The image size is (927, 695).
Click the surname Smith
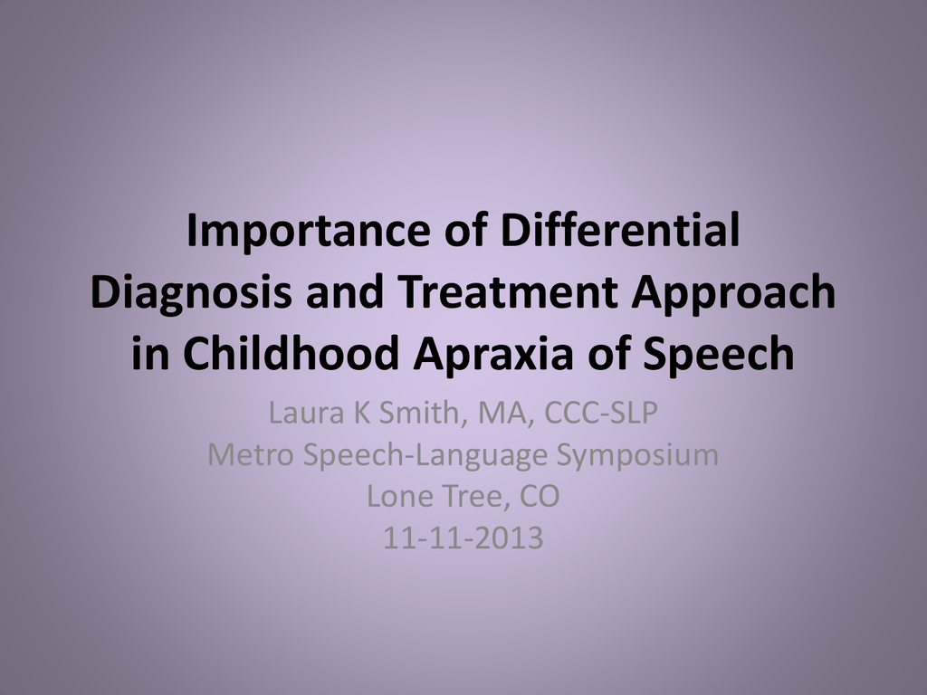pos(419,413)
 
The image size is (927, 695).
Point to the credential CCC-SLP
pos(600,413)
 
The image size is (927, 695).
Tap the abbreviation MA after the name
pos(502,413)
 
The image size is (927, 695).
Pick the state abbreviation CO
pos(540,497)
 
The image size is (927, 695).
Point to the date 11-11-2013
pos(463,538)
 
